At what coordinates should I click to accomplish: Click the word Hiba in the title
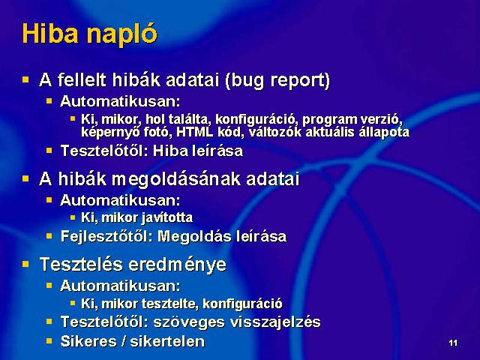click(x=50, y=33)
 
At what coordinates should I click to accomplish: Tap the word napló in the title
click(x=121, y=35)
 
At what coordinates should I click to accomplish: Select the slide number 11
click(x=453, y=343)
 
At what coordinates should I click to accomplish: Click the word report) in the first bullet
click(x=300, y=81)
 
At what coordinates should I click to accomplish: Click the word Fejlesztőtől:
click(x=106, y=236)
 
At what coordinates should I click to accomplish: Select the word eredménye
click(x=178, y=265)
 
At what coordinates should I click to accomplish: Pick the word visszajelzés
click(x=275, y=322)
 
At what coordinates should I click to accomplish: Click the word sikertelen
click(x=167, y=341)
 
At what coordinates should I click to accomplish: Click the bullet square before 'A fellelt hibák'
click(x=25, y=80)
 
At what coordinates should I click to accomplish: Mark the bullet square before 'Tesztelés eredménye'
click(x=25, y=264)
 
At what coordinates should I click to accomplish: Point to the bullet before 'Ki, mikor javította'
click(x=73, y=217)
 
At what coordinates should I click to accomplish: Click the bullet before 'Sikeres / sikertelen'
click(x=49, y=340)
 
